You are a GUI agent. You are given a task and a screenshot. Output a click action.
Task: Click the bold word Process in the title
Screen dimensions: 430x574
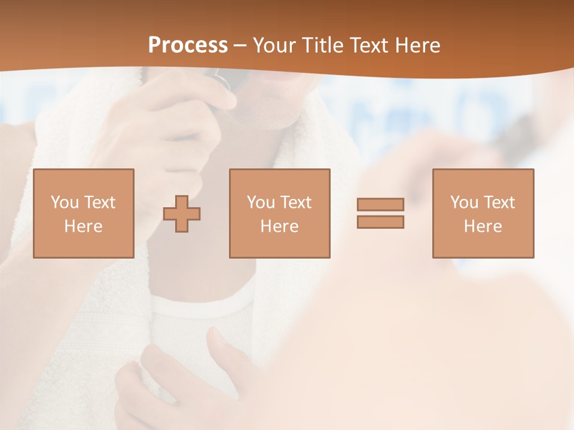click(x=188, y=45)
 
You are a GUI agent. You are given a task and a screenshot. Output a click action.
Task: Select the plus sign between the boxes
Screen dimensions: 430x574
click(x=182, y=214)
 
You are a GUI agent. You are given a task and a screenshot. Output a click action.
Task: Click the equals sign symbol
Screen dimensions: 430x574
click(x=380, y=213)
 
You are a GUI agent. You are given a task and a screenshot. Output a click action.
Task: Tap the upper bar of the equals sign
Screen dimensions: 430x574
click(x=380, y=204)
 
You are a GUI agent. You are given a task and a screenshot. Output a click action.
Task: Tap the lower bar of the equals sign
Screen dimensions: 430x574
click(x=380, y=222)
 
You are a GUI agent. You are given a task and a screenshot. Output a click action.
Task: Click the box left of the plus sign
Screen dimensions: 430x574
click(x=83, y=213)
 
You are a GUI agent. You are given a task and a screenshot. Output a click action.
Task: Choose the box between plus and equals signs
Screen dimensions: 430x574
click(x=279, y=213)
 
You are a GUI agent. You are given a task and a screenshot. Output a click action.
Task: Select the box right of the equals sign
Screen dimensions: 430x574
click(x=483, y=213)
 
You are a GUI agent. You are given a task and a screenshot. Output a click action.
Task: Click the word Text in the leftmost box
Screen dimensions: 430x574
click(x=100, y=202)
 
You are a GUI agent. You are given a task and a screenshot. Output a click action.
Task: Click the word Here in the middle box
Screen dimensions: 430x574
click(x=279, y=226)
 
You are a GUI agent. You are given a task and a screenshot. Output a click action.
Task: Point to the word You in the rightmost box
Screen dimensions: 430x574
click(x=464, y=202)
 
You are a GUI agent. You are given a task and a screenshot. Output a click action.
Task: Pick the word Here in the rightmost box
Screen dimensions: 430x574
click(x=483, y=226)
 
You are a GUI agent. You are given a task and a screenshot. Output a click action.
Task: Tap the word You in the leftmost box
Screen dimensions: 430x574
click(x=65, y=202)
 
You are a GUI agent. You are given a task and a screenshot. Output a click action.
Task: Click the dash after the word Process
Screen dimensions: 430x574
click(x=240, y=46)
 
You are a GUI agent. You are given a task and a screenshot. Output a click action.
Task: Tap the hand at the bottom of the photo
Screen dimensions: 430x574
click(x=179, y=382)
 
